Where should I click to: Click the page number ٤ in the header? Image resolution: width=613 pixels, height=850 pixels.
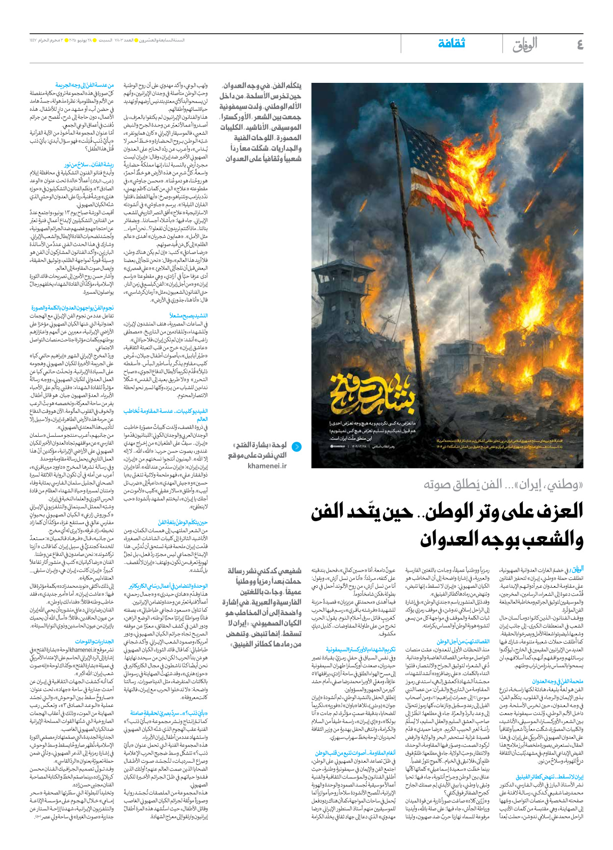pos(580,45)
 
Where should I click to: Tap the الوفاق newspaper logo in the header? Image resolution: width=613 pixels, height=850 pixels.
pos(525,45)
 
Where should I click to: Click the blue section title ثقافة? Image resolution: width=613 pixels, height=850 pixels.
pos(451,44)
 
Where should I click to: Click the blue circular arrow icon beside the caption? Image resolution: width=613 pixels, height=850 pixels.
pos(297,447)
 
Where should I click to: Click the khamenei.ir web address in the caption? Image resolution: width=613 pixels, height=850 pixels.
pos(267,466)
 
